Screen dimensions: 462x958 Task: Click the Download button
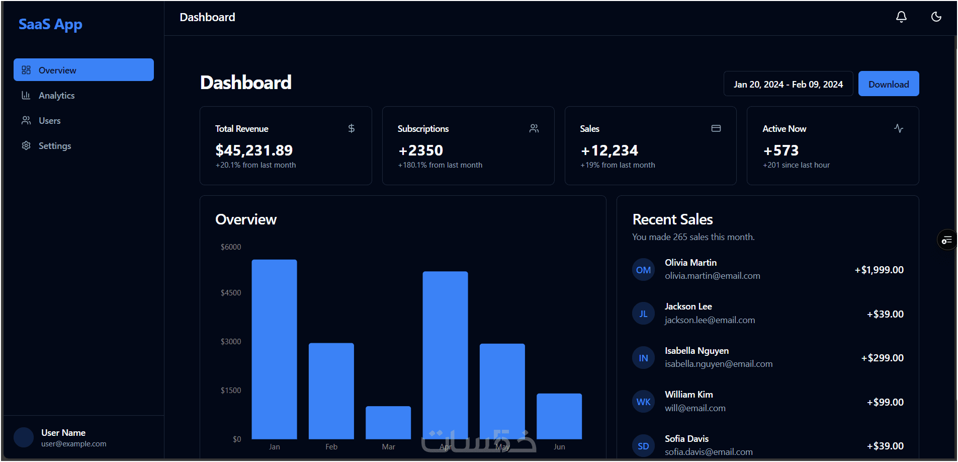(x=888, y=84)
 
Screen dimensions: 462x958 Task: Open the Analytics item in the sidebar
(x=56, y=96)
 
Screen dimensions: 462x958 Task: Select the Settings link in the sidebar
(x=54, y=146)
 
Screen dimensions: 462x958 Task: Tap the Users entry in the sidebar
(x=49, y=121)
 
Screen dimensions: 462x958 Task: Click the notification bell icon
(x=901, y=17)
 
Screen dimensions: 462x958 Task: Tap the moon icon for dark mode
(x=936, y=17)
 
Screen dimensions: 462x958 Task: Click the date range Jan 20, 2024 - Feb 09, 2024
(x=788, y=84)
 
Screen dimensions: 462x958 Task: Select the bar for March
(x=388, y=422)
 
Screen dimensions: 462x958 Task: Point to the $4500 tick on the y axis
(x=231, y=293)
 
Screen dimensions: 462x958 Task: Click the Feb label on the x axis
(x=331, y=447)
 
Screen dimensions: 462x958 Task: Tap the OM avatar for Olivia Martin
(x=643, y=270)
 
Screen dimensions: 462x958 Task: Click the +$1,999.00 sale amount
(x=879, y=270)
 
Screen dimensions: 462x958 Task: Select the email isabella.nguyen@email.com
(x=719, y=364)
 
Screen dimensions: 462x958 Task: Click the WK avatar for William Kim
(x=643, y=402)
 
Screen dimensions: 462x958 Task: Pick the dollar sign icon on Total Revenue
(x=352, y=128)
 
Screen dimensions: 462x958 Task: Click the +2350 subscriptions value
(x=421, y=150)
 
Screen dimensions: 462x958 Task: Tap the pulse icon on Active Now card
(x=899, y=128)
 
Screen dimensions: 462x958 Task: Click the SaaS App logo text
(x=50, y=24)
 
